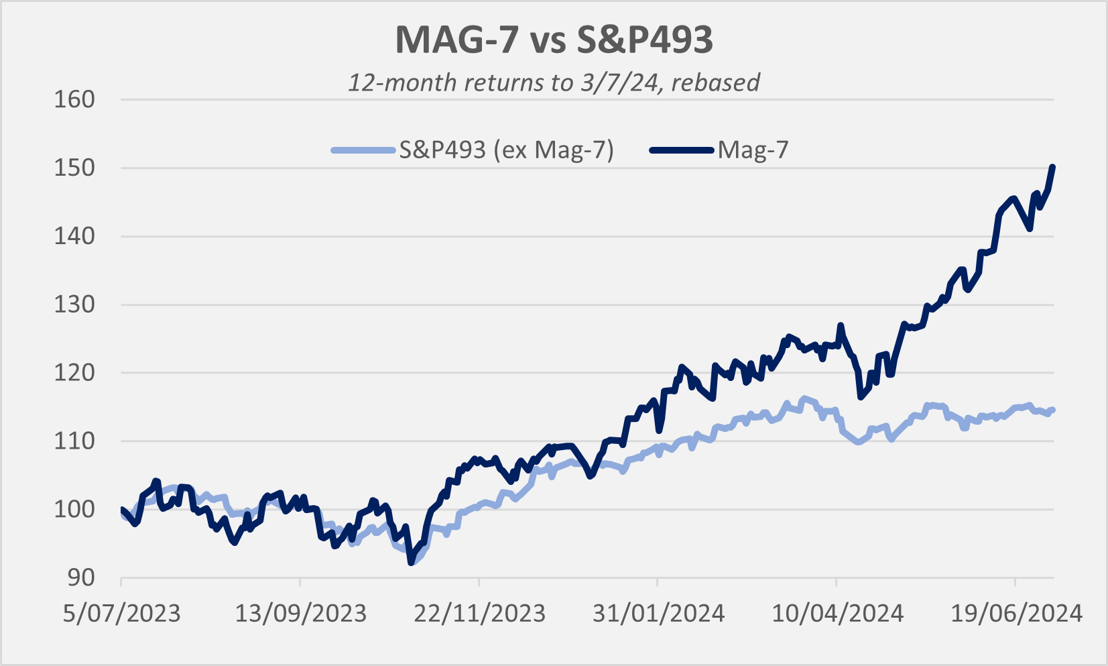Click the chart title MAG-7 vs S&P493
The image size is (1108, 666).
click(x=554, y=40)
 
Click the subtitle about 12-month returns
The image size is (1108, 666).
click(x=554, y=82)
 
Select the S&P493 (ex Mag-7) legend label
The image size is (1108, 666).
click(x=506, y=150)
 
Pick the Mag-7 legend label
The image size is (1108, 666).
click(x=753, y=150)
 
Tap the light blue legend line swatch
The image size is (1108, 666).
click(x=363, y=150)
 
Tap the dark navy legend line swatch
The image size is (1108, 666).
click(x=682, y=150)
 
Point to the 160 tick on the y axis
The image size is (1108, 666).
click(x=74, y=99)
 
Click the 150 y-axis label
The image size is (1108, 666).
click(x=74, y=168)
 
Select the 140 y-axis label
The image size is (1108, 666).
click(x=74, y=236)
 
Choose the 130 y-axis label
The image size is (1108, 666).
click(x=74, y=304)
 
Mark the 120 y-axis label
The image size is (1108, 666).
click(x=74, y=373)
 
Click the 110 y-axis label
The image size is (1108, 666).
click(x=74, y=441)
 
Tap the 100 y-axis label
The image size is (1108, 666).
click(x=74, y=509)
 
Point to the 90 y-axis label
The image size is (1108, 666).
click(x=80, y=577)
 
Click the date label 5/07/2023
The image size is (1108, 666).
click(x=122, y=613)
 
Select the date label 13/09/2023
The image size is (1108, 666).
click(x=300, y=613)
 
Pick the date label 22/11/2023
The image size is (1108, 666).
click(x=479, y=613)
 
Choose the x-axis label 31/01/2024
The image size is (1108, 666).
click(x=658, y=613)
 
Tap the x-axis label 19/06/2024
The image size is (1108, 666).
click(x=1016, y=613)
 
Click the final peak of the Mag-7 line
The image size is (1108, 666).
click(x=1053, y=167)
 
